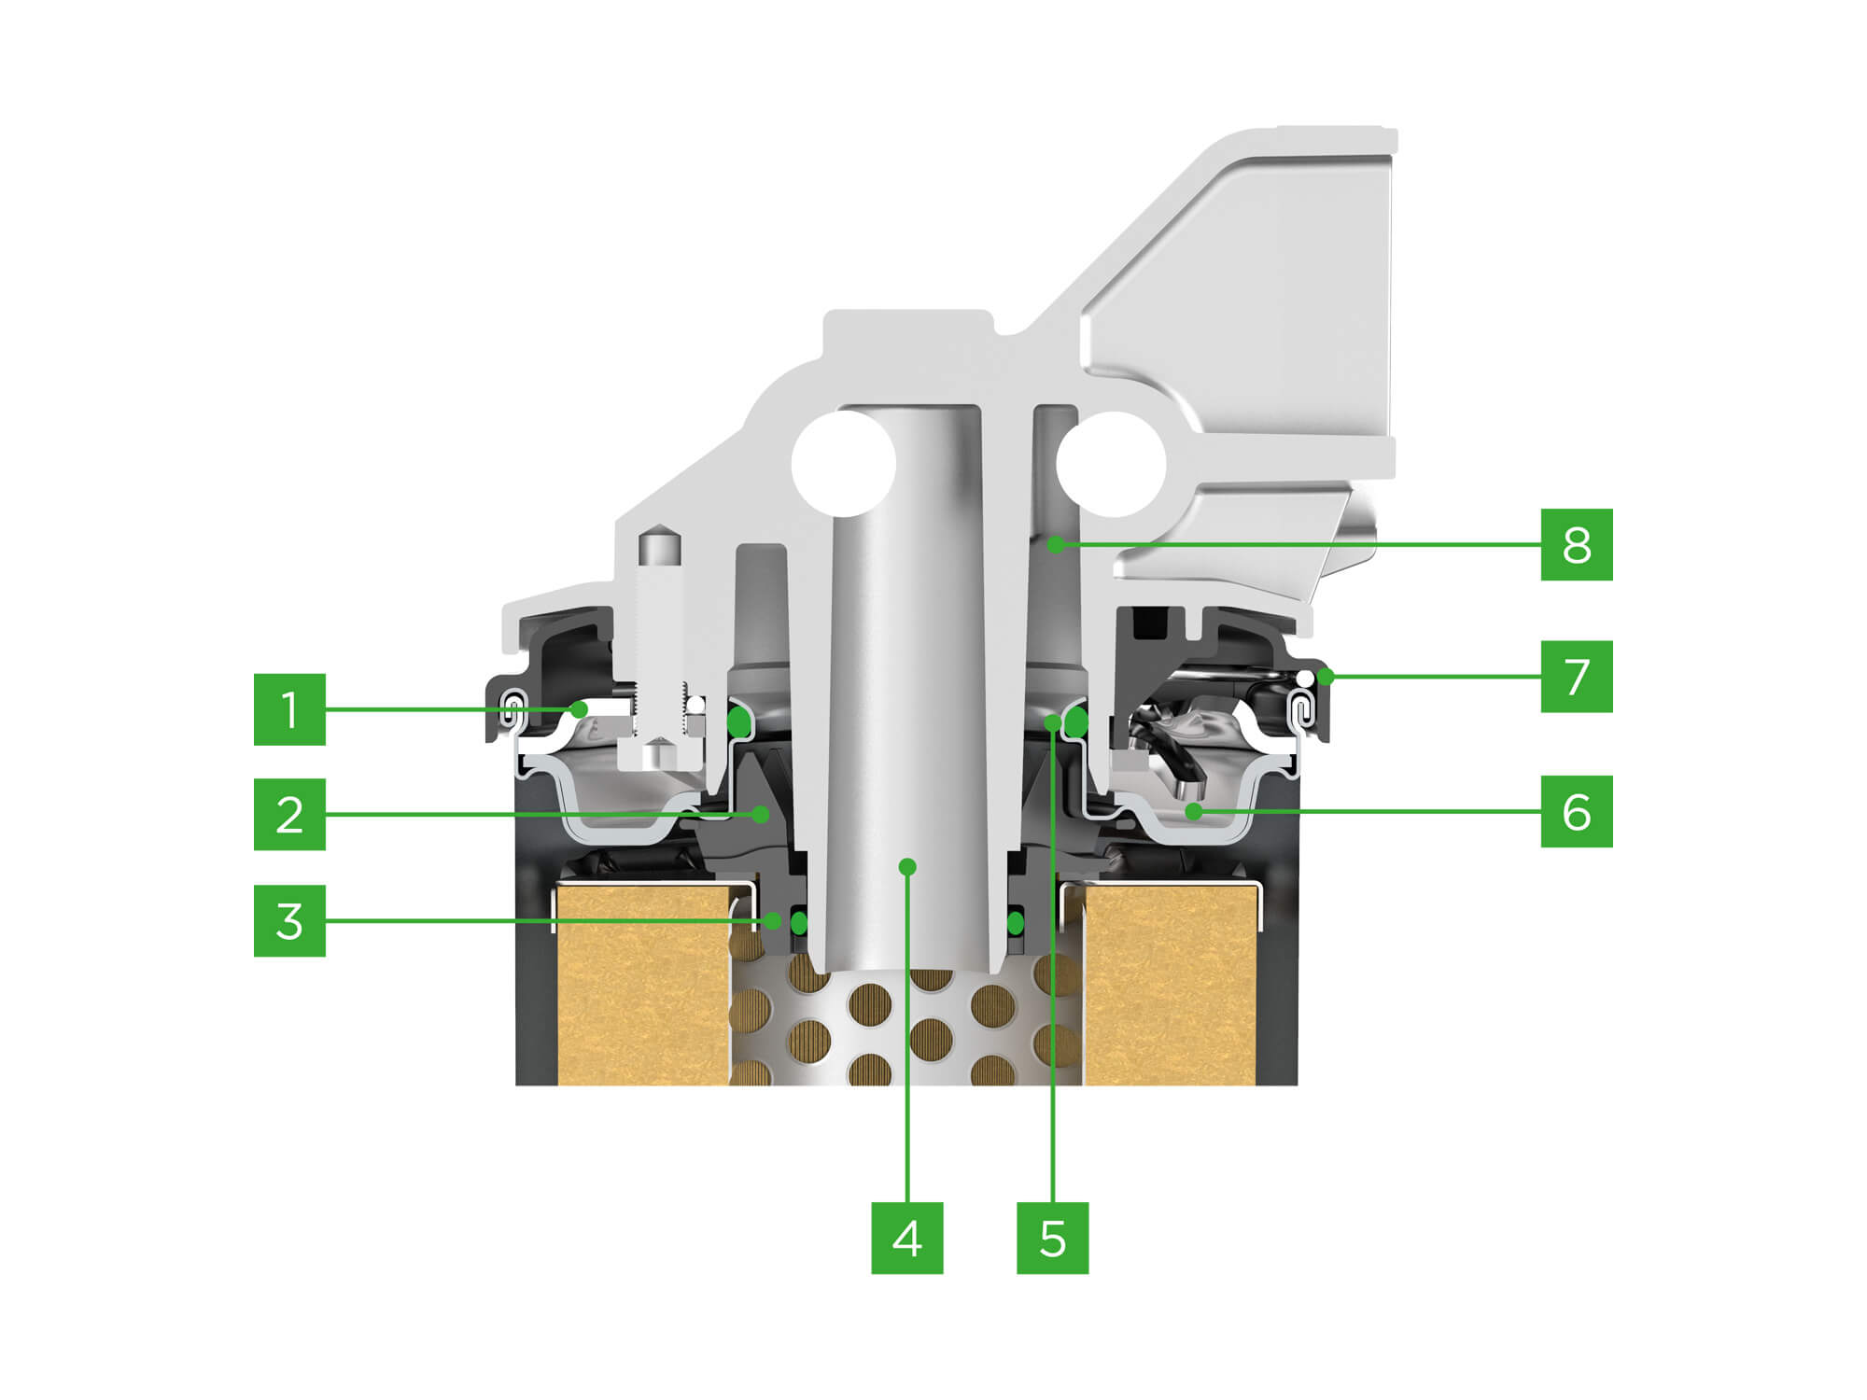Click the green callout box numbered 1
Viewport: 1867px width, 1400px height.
click(289, 709)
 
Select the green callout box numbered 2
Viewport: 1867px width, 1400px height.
click(289, 814)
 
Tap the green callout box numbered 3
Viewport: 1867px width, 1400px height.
click(289, 920)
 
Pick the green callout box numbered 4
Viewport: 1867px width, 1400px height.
click(907, 1238)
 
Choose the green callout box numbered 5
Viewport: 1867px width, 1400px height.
click(1052, 1238)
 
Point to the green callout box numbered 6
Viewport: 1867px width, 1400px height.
click(1577, 811)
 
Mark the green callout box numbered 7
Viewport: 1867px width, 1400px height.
click(1577, 677)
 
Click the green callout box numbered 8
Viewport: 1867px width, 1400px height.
click(1577, 544)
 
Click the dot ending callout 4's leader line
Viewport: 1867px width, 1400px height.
click(907, 867)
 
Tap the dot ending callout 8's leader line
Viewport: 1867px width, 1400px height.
click(1056, 544)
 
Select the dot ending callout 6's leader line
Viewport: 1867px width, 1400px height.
click(1193, 812)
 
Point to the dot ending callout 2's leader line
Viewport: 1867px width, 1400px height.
click(762, 815)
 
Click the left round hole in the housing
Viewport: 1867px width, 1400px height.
click(844, 464)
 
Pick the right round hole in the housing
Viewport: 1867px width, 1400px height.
click(1112, 464)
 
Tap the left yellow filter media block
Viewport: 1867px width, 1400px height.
click(644, 985)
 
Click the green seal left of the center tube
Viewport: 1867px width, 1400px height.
click(799, 923)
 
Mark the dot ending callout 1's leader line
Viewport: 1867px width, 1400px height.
click(580, 709)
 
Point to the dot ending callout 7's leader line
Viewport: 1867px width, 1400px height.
click(1326, 677)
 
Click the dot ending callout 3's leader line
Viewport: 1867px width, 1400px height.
click(774, 921)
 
